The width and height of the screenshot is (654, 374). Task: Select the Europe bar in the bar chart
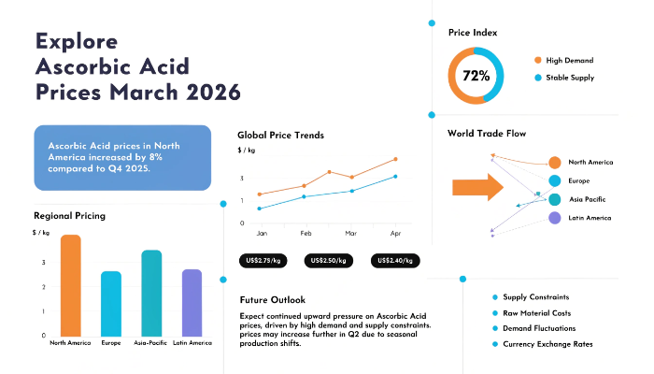111,304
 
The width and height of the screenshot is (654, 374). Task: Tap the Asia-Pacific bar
151,293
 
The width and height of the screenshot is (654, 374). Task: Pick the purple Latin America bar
192,302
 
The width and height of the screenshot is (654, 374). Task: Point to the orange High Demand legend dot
539,60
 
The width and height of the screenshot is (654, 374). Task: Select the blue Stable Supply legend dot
539,78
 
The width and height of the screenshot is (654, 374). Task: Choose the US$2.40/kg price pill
394,261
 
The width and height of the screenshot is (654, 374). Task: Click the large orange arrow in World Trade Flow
477,187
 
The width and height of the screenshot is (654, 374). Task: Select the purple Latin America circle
555,218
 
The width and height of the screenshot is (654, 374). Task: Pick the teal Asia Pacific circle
555,199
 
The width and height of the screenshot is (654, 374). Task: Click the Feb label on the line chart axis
306,232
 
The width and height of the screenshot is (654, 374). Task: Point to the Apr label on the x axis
395,232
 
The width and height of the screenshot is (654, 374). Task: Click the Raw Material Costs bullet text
536,313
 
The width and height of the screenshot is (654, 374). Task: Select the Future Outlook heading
273,300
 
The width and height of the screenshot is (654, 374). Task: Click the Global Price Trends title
280,135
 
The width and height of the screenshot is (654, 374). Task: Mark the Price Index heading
473,33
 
